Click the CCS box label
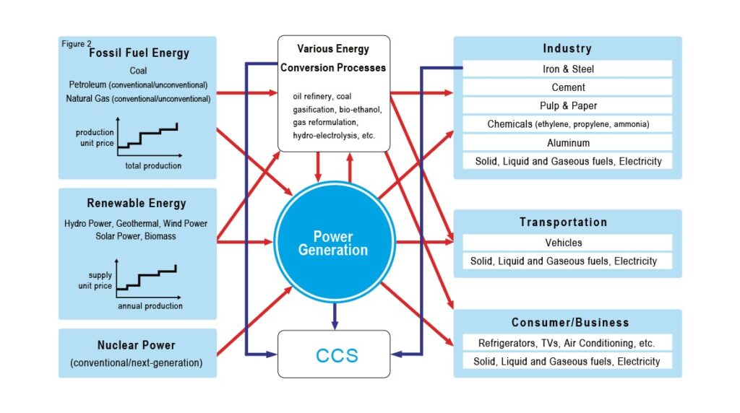pos(337,355)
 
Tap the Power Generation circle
pos(334,242)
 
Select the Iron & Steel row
pos(567,69)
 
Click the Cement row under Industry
pos(567,87)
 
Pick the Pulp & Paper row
pos(567,105)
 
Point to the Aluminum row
pos(567,143)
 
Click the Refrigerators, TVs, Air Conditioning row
pos(567,343)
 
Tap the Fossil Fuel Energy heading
pos(139,53)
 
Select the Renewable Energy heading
pos(137,203)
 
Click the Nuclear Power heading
pos(137,345)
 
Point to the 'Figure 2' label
pos(77,44)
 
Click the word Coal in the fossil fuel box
pos(138,71)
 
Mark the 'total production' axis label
pos(153,165)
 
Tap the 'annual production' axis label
pos(150,306)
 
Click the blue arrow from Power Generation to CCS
pos(335,316)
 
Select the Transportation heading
pos(564,222)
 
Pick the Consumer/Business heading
pos(570,323)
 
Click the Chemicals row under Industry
pos(567,124)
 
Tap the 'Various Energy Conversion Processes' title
pos(333,58)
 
